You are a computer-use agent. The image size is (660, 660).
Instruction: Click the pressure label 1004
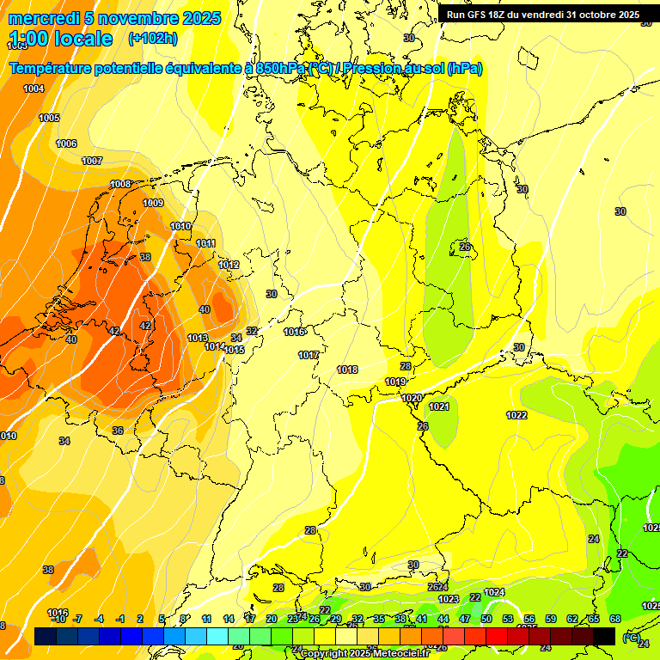point(34,89)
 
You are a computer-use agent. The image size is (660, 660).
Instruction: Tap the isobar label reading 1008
point(120,184)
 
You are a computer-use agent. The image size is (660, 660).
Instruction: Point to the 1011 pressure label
point(205,243)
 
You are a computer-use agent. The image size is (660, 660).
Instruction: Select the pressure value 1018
point(347,370)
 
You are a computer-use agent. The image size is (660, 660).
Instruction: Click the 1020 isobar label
point(412,398)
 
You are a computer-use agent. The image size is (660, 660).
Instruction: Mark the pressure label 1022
point(516,415)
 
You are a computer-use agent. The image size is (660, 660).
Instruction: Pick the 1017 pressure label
point(309,355)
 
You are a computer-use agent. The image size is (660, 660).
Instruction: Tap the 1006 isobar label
point(66,144)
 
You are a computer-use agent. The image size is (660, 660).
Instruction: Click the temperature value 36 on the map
point(118,431)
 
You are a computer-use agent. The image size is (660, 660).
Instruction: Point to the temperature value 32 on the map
point(252,331)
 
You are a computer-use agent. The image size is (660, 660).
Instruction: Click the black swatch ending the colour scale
point(604,635)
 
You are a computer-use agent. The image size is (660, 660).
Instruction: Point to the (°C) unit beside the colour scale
point(631,638)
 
